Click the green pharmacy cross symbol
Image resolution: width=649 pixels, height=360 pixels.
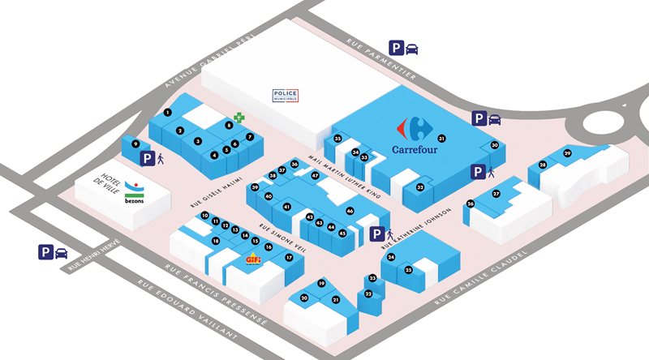239,118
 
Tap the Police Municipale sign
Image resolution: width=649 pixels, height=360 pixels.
286,96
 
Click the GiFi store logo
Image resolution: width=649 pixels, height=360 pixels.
253,259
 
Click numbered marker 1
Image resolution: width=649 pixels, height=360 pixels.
166,112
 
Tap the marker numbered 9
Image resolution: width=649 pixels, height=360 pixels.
135,144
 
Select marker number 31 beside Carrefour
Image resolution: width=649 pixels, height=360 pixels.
441,138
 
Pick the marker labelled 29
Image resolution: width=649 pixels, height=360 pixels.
567,153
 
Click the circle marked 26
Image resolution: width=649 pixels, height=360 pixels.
470,204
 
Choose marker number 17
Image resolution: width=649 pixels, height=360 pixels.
288,257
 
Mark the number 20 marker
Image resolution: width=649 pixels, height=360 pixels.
304,298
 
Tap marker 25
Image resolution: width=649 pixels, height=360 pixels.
409,269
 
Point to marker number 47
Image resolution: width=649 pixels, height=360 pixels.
316,175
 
